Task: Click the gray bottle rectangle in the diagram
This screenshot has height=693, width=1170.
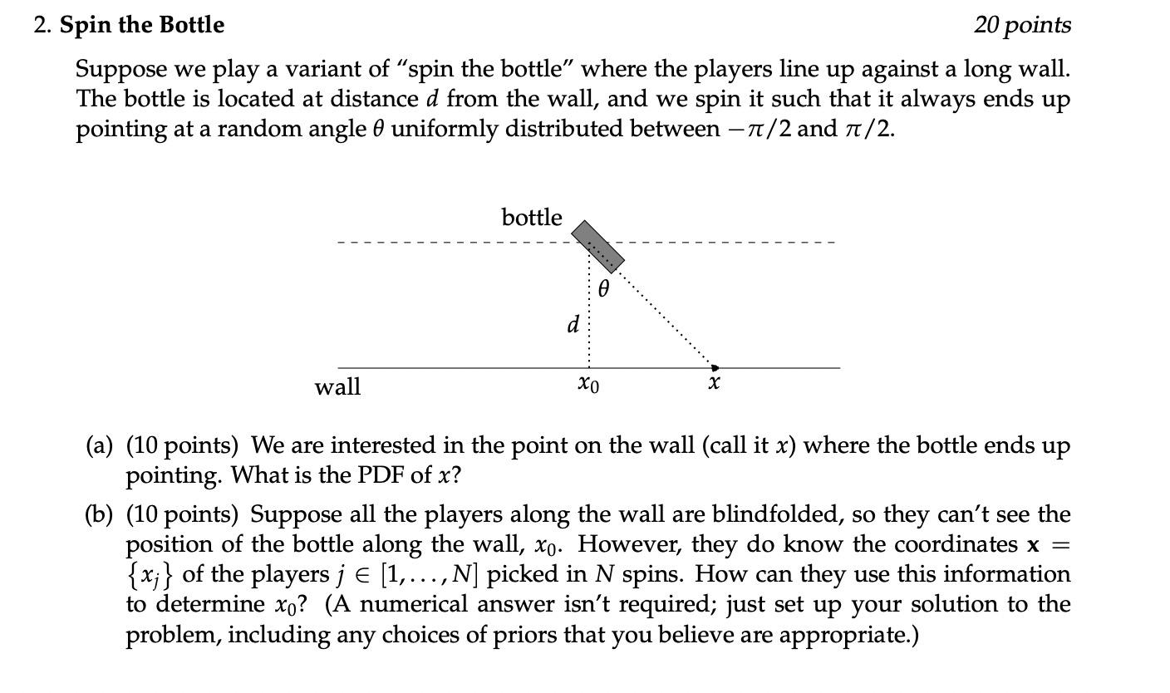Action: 598,246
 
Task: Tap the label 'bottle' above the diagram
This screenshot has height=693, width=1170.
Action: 532,218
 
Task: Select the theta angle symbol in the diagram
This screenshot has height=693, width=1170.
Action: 604,288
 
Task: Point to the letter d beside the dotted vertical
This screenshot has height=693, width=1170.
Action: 573,323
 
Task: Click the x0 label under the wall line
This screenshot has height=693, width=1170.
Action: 587,385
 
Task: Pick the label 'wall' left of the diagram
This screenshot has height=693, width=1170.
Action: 337,386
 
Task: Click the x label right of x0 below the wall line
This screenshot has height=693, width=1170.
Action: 714,383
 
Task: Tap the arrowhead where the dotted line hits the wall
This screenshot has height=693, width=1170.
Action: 715,366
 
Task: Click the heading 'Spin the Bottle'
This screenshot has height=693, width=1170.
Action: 141,25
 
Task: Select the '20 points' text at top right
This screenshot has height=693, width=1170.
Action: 1022,25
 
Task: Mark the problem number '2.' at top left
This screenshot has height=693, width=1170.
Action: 43,25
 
